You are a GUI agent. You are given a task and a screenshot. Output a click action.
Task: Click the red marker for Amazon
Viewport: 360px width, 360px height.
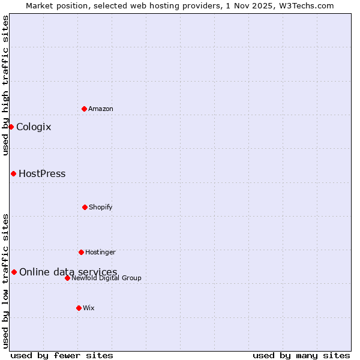pos(84,109)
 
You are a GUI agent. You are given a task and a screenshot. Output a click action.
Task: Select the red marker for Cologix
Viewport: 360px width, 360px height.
pos(11,127)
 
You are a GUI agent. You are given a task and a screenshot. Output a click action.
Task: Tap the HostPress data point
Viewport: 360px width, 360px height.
pos(13,173)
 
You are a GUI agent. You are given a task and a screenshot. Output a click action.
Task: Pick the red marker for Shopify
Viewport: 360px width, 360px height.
pos(85,207)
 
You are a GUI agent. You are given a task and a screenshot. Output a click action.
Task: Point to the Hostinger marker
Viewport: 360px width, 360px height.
pos(81,252)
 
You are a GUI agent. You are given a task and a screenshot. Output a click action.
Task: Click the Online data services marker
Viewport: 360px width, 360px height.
pos(14,272)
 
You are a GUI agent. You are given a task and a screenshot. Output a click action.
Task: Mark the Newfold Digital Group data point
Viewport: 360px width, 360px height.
pos(67,278)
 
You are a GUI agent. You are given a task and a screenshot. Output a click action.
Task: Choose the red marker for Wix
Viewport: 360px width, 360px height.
pos(79,308)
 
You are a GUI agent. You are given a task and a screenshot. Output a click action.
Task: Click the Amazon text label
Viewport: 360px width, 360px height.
pos(101,109)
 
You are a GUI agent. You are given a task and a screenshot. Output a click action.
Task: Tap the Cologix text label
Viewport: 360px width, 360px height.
pos(34,127)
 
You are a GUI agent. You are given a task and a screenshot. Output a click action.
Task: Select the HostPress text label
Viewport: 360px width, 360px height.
pos(42,174)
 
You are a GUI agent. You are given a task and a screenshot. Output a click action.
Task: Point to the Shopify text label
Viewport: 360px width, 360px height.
pos(101,208)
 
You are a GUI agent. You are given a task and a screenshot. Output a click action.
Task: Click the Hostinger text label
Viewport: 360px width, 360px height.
pos(100,253)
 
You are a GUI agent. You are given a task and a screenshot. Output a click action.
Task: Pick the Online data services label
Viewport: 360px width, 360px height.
pos(68,272)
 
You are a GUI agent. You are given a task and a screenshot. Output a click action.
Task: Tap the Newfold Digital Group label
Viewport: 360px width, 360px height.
pos(106,278)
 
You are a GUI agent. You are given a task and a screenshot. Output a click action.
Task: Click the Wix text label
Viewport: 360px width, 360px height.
pos(89,308)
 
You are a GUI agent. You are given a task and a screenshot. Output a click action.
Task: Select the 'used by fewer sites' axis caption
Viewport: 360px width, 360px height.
pos(62,355)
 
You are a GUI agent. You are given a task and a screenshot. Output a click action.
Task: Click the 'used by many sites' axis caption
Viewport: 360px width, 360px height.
pos(301,355)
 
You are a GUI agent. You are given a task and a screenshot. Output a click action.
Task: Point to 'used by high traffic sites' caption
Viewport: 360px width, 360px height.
pos(6,86)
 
